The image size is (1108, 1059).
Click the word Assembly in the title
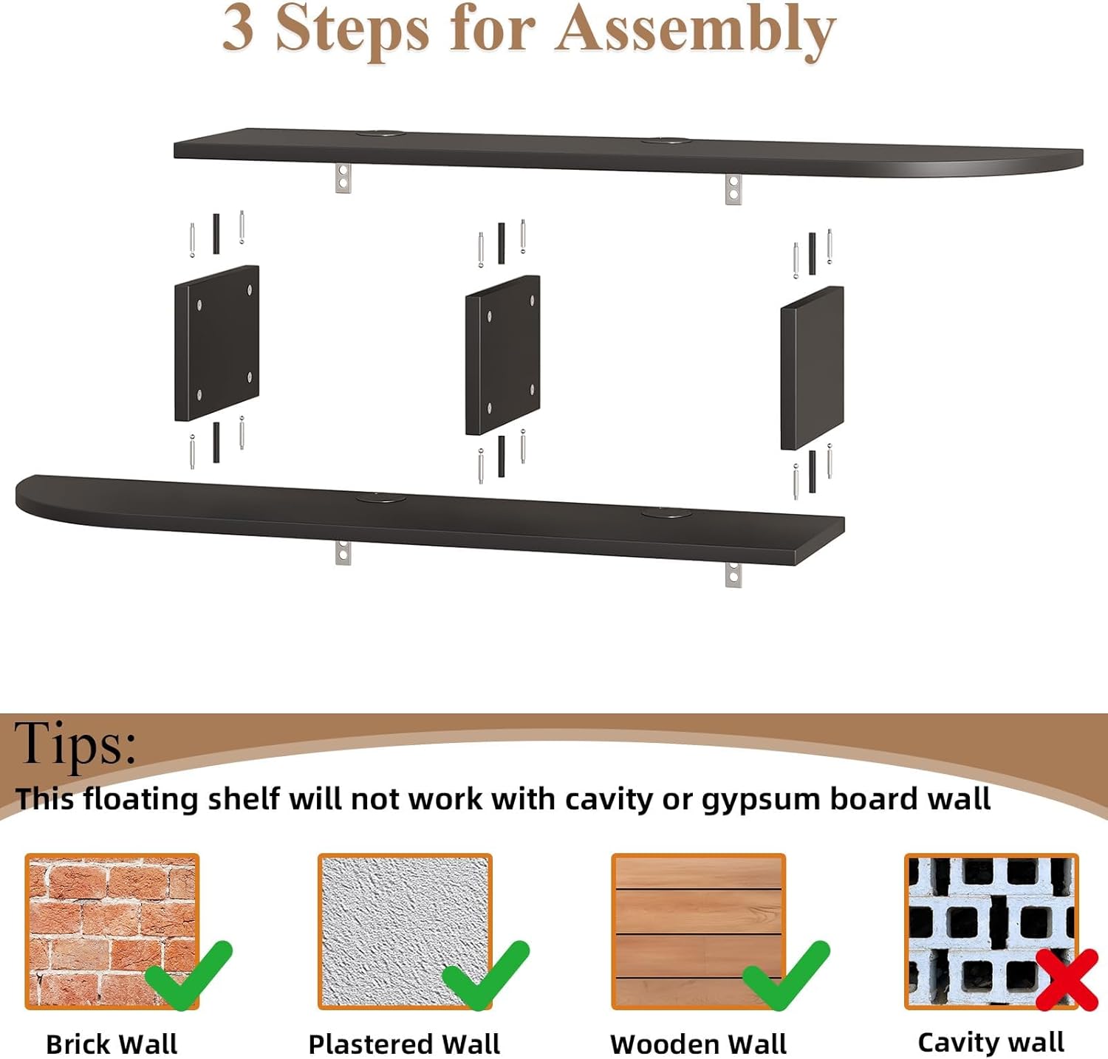tap(695, 31)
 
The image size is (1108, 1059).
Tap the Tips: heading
tap(75, 743)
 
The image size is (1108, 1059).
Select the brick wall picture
tap(112, 931)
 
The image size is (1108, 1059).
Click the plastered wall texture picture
tap(405, 931)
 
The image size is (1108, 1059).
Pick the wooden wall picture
tap(698, 931)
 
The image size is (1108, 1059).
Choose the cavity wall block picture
tap(991, 931)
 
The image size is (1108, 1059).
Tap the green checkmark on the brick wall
tap(189, 975)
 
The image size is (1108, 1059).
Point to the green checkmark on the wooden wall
tap(786, 975)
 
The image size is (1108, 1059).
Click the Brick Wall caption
tap(112, 1044)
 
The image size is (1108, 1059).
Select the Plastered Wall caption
tap(404, 1044)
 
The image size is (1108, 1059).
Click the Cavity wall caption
tap(991, 1042)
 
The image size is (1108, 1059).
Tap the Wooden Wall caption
tap(698, 1044)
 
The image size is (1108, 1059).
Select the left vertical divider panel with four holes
tap(216, 343)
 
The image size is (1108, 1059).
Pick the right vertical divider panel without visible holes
tap(812, 368)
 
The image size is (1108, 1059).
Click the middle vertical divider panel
tap(502, 355)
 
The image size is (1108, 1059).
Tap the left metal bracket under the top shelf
tap(343, 177)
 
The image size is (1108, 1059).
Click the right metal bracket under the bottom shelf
tap(733, 574)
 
